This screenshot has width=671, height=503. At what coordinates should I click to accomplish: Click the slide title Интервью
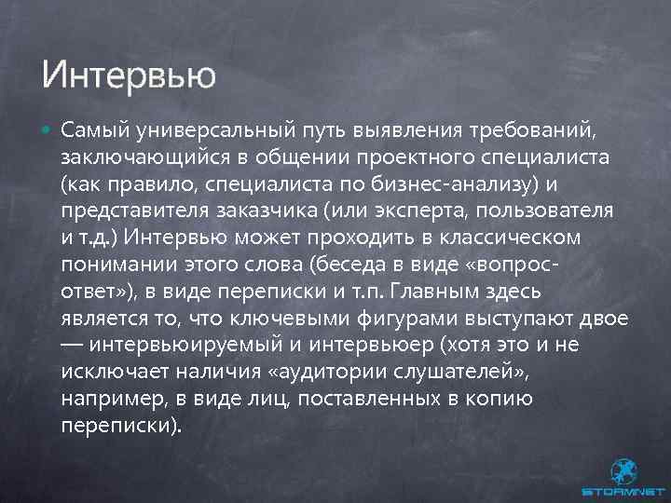tap(129, 73)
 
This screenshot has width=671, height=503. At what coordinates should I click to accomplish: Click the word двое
tap(603, 319)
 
